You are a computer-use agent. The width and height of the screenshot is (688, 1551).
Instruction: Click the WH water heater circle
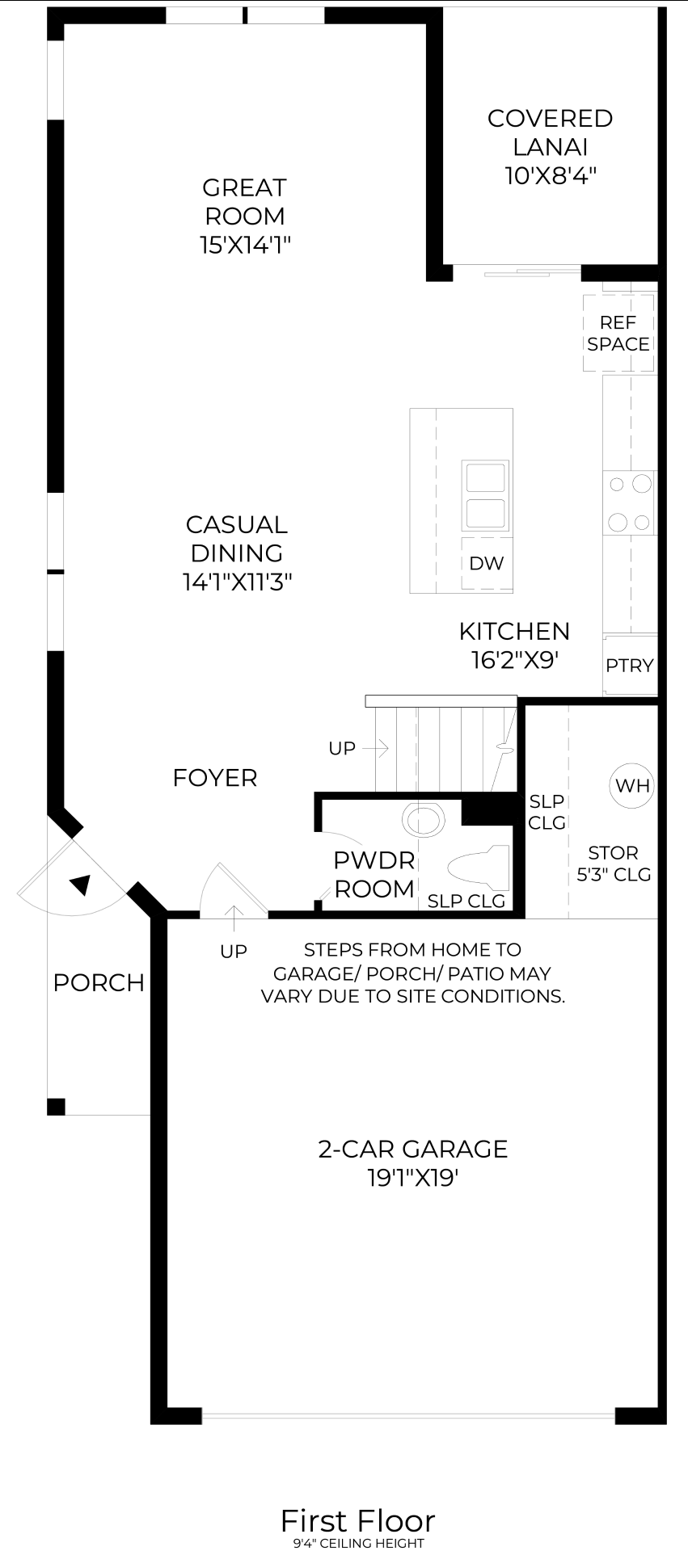point(632,785)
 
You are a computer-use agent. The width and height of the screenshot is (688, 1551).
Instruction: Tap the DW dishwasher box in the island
point(486,563)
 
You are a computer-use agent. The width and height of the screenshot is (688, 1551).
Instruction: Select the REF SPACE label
point(618,333)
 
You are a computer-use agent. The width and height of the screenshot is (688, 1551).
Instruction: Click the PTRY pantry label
point(630,666)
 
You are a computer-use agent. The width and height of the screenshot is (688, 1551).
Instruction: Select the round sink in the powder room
point(424,820)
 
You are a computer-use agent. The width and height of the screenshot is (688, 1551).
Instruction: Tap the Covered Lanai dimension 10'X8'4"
point(551,175)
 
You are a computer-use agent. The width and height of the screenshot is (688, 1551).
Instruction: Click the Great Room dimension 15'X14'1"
point(245,245)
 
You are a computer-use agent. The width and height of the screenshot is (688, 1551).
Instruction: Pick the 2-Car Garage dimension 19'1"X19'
point(413,1178)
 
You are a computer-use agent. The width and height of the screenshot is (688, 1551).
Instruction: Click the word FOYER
point(215,778)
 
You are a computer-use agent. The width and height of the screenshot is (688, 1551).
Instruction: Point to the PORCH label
point(99,983)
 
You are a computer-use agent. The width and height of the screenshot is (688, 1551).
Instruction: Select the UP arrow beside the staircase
point(376,749)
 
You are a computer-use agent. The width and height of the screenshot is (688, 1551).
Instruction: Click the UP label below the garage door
point(234,952)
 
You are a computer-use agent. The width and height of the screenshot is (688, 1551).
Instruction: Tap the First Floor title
point(358,1521)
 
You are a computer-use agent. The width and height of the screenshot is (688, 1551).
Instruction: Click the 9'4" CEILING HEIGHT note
point(358,1544)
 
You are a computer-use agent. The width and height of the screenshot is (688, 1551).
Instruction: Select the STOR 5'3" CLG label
point(614,864)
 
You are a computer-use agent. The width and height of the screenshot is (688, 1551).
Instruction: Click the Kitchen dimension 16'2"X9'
point(515,660)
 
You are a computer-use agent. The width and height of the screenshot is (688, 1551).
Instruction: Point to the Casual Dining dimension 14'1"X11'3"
point(237,582)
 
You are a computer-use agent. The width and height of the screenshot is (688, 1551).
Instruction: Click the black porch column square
point(56,1107)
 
